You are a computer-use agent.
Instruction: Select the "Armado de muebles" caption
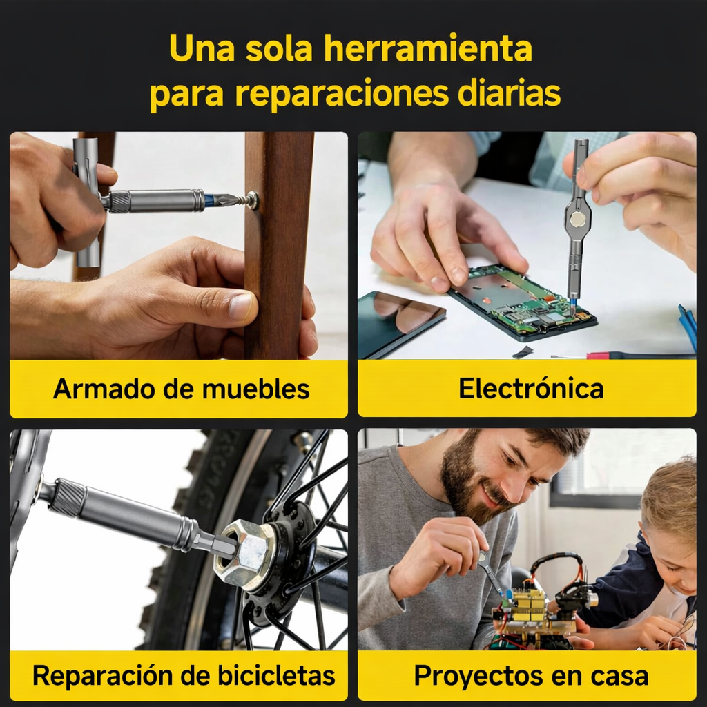[182, 389]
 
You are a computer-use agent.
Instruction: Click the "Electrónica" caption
[531, 389]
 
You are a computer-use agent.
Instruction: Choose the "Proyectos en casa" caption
[531, 675]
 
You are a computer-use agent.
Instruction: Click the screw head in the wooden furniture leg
[253, 200]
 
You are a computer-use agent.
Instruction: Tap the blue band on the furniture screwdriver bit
[209, 200]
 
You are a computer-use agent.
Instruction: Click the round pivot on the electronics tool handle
[577, 220]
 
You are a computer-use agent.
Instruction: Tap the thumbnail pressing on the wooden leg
[240, 306]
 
